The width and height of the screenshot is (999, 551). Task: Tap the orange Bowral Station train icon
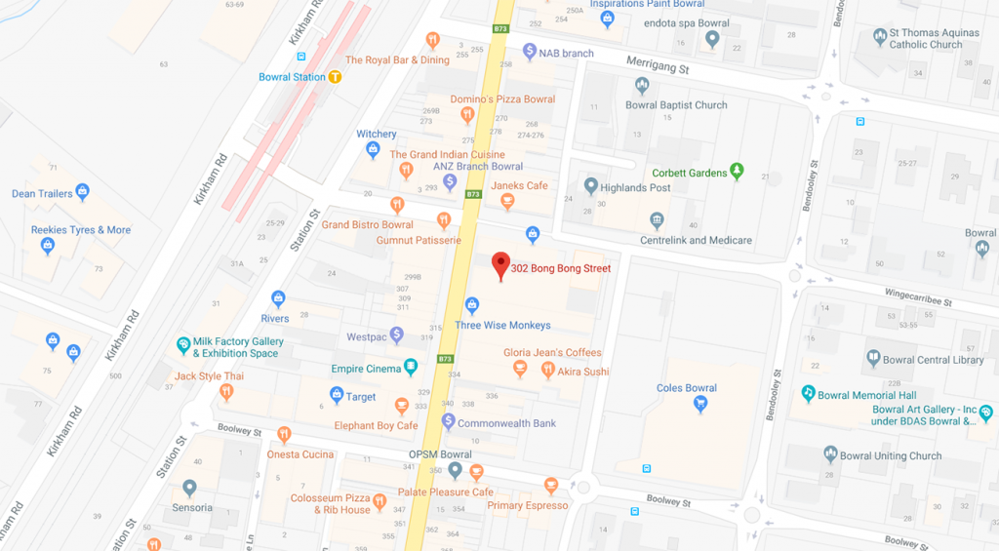click(335, 77)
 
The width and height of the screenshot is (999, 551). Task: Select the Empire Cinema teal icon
click(411, 368)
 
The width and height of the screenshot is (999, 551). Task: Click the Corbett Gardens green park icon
click(737, 172)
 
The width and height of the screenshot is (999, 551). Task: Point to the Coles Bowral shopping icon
click(699, 405)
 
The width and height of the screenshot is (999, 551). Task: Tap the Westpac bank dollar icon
click(397, 335)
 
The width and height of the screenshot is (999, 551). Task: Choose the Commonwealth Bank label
click(506, 423)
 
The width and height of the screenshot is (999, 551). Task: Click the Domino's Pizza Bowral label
click(502, 99)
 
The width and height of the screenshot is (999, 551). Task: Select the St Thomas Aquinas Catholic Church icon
click(880, 36)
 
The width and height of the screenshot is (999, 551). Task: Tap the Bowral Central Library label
click(933, 360)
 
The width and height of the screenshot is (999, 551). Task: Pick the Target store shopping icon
click(337, 395)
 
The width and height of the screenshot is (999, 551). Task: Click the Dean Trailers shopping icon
click(83, 192)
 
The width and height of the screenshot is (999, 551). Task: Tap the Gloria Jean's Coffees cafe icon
click(521, 369)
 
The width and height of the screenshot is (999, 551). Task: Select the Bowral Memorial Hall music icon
click(808, 393)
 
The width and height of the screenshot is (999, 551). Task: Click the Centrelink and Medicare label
click(696, 240)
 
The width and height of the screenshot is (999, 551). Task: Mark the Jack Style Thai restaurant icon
click(226, 392)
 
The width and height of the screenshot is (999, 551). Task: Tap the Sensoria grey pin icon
click(189, 487)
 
